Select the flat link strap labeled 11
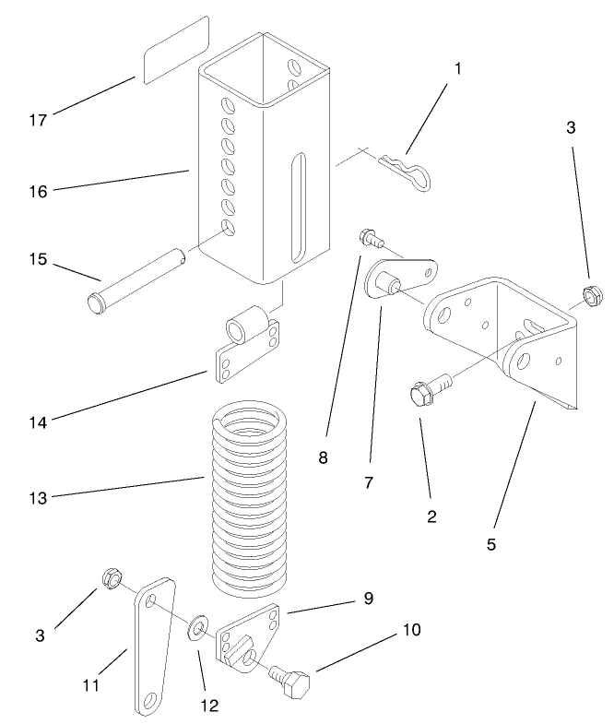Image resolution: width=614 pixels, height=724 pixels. coord(150,646)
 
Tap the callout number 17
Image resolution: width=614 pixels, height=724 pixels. coord(38,120)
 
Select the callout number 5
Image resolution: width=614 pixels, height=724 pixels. coord(491,543)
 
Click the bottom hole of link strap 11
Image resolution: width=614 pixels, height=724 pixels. coord(148,705)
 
